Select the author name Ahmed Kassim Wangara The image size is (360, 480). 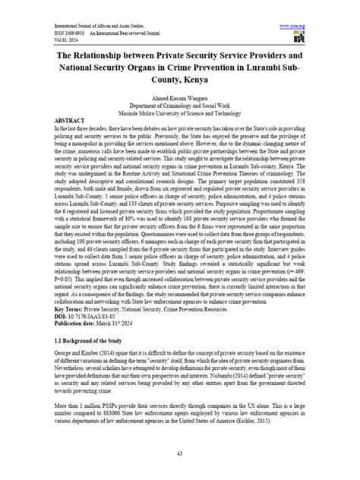click(180, 98)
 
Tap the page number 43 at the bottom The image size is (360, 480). click(180, 453)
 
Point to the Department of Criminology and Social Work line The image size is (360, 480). click(180, 106)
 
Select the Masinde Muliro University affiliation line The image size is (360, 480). click(180, 113)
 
